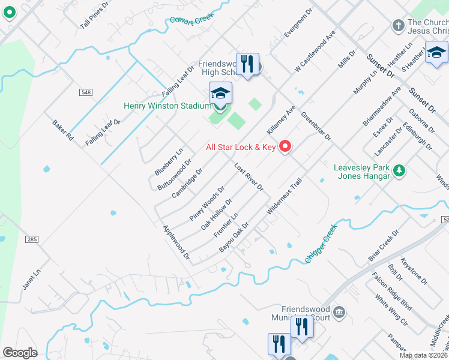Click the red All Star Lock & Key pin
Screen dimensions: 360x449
pyautogui.click(x=285, y=146)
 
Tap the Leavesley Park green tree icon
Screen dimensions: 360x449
pyautogui.click(x=398, y=172)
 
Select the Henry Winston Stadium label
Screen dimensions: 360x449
pyautogui.click(x=167, y=106)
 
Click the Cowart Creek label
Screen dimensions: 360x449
pyautogui.click(x=191, y=20)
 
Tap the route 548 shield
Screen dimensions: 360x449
pyautogui.click(x=86, y=92)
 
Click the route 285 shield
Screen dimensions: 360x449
pyautogui.click(x=32, y=239)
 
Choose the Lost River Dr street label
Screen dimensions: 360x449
pyautogui.click(x=249, y=177)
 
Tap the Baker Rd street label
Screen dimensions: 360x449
pyautogui.click(x=62, y=130)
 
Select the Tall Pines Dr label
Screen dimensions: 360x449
pyautogui.click(x=94, y=16)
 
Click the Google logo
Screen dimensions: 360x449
pyautogui.click(x=20, y=352)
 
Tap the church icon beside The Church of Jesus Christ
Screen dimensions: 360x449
pyautogui.click(x=397, y=25)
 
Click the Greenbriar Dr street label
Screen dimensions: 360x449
pyautogui.click(x=316, y=125)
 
